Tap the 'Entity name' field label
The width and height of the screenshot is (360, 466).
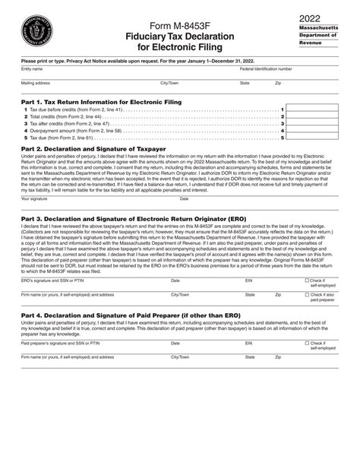click(32, 69)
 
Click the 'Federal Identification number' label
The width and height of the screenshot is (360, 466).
click(265, 69)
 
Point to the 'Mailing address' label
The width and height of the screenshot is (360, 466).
click(36, 82)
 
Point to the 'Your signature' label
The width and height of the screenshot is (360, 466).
click(35, 198)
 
